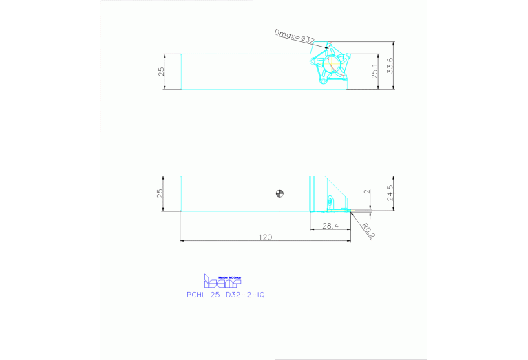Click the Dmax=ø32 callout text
[x=294, y=36]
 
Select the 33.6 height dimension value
[x=390, y=65]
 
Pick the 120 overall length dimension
[x=265, y=237]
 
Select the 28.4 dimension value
[x=330, y=225]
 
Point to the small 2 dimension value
[x=367, y=193]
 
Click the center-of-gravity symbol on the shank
[x=279, y=193]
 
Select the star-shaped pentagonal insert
[x=331, y=64]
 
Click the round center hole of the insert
[x=331, y=64]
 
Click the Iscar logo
[x=222, y=281]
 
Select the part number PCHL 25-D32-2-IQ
[x=225, y=294]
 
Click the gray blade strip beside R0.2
[x=360, y=211]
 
